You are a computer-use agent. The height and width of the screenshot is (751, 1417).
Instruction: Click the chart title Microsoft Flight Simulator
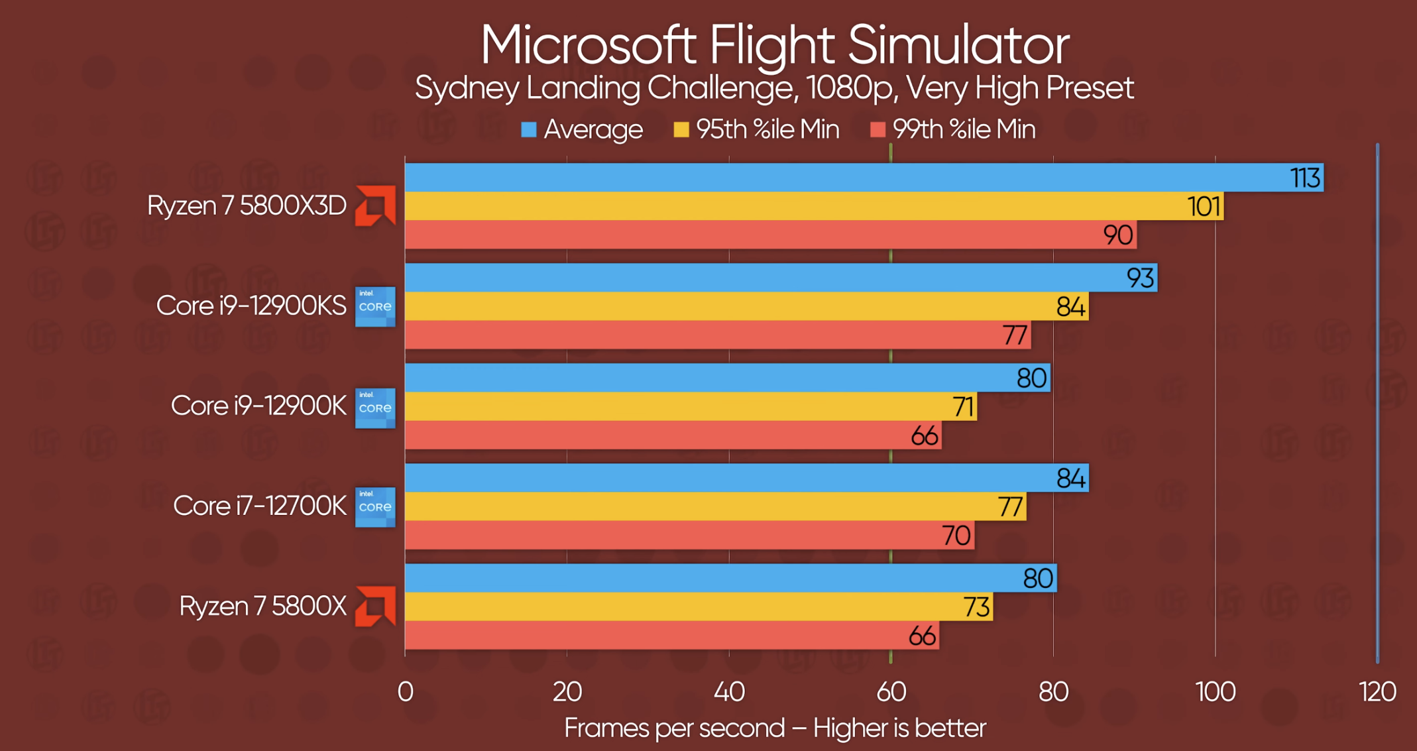774,45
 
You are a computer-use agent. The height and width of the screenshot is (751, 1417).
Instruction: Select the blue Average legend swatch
528,129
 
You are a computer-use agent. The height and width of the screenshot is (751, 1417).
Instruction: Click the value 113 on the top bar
1304,178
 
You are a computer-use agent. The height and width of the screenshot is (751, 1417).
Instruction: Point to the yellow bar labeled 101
795,206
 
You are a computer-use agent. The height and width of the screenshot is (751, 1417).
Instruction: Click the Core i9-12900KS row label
251,306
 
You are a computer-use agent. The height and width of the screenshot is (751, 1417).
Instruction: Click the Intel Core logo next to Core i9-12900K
375,408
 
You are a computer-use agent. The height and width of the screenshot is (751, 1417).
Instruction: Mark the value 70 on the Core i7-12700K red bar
956,536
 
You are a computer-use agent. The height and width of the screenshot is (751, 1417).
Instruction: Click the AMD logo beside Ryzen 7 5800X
375,606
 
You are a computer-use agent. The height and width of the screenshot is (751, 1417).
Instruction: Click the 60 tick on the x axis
891,692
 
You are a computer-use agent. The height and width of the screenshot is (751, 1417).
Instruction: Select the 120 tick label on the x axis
1377,692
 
